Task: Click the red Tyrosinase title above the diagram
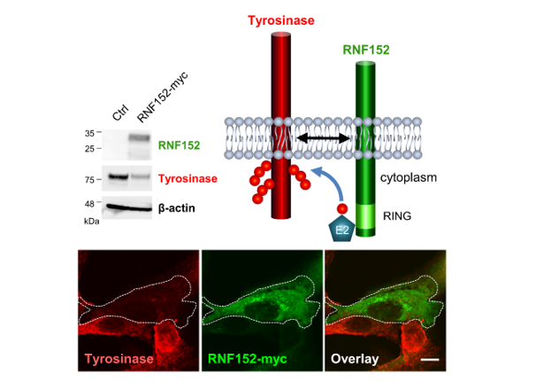click(281, 19)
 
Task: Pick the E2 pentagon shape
click(341, 229)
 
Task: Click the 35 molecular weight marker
click(89, 133)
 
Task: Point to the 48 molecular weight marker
click(89, 204)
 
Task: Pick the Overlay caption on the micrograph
click(355, 359)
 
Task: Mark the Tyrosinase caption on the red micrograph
click(119, 359)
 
